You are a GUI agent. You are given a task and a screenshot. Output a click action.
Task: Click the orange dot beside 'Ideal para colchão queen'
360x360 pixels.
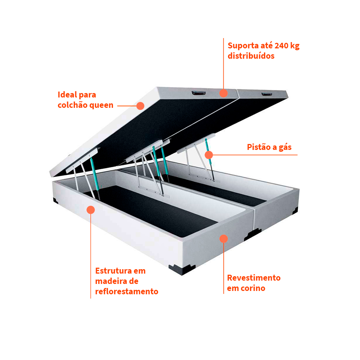(x=140, y=106)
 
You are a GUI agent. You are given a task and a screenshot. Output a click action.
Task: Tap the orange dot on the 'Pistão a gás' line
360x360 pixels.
(x=209, y=155)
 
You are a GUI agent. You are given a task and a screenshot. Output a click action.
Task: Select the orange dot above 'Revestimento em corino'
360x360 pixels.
(x=224, y=239)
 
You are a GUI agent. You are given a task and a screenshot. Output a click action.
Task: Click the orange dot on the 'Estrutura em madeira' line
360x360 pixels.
(x=91, y=210)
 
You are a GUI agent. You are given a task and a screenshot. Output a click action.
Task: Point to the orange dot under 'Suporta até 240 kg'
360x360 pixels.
(x=223, y=93)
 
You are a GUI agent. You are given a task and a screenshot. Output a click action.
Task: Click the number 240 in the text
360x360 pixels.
(x=281, y=46)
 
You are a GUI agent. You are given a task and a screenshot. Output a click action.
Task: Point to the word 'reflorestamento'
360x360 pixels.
(x=127, y=291)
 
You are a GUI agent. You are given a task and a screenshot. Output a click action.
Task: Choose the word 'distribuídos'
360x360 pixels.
(x=251, y=56)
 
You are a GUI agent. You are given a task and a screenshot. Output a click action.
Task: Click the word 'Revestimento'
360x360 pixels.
(x=254, y=278)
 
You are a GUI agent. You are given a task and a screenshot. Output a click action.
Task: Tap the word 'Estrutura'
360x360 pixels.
(x=114, y=271)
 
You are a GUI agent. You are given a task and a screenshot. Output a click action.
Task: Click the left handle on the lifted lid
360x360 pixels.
(x=199, y=93)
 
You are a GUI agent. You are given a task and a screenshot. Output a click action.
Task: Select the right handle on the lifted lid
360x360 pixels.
(x=267, y=94)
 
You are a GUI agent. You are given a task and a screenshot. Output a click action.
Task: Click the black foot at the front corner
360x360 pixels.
(x=182, y=269)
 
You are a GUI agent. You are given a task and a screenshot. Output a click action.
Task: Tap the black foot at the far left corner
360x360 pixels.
(x=55, y=200)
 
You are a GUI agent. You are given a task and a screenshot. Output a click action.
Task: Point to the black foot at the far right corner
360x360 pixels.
(x=295, y=210)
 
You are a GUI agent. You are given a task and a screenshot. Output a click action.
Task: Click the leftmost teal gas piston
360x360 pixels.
(x=95, y=174)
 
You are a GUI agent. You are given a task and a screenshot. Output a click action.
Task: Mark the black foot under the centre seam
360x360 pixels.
(x=252, y=234)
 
